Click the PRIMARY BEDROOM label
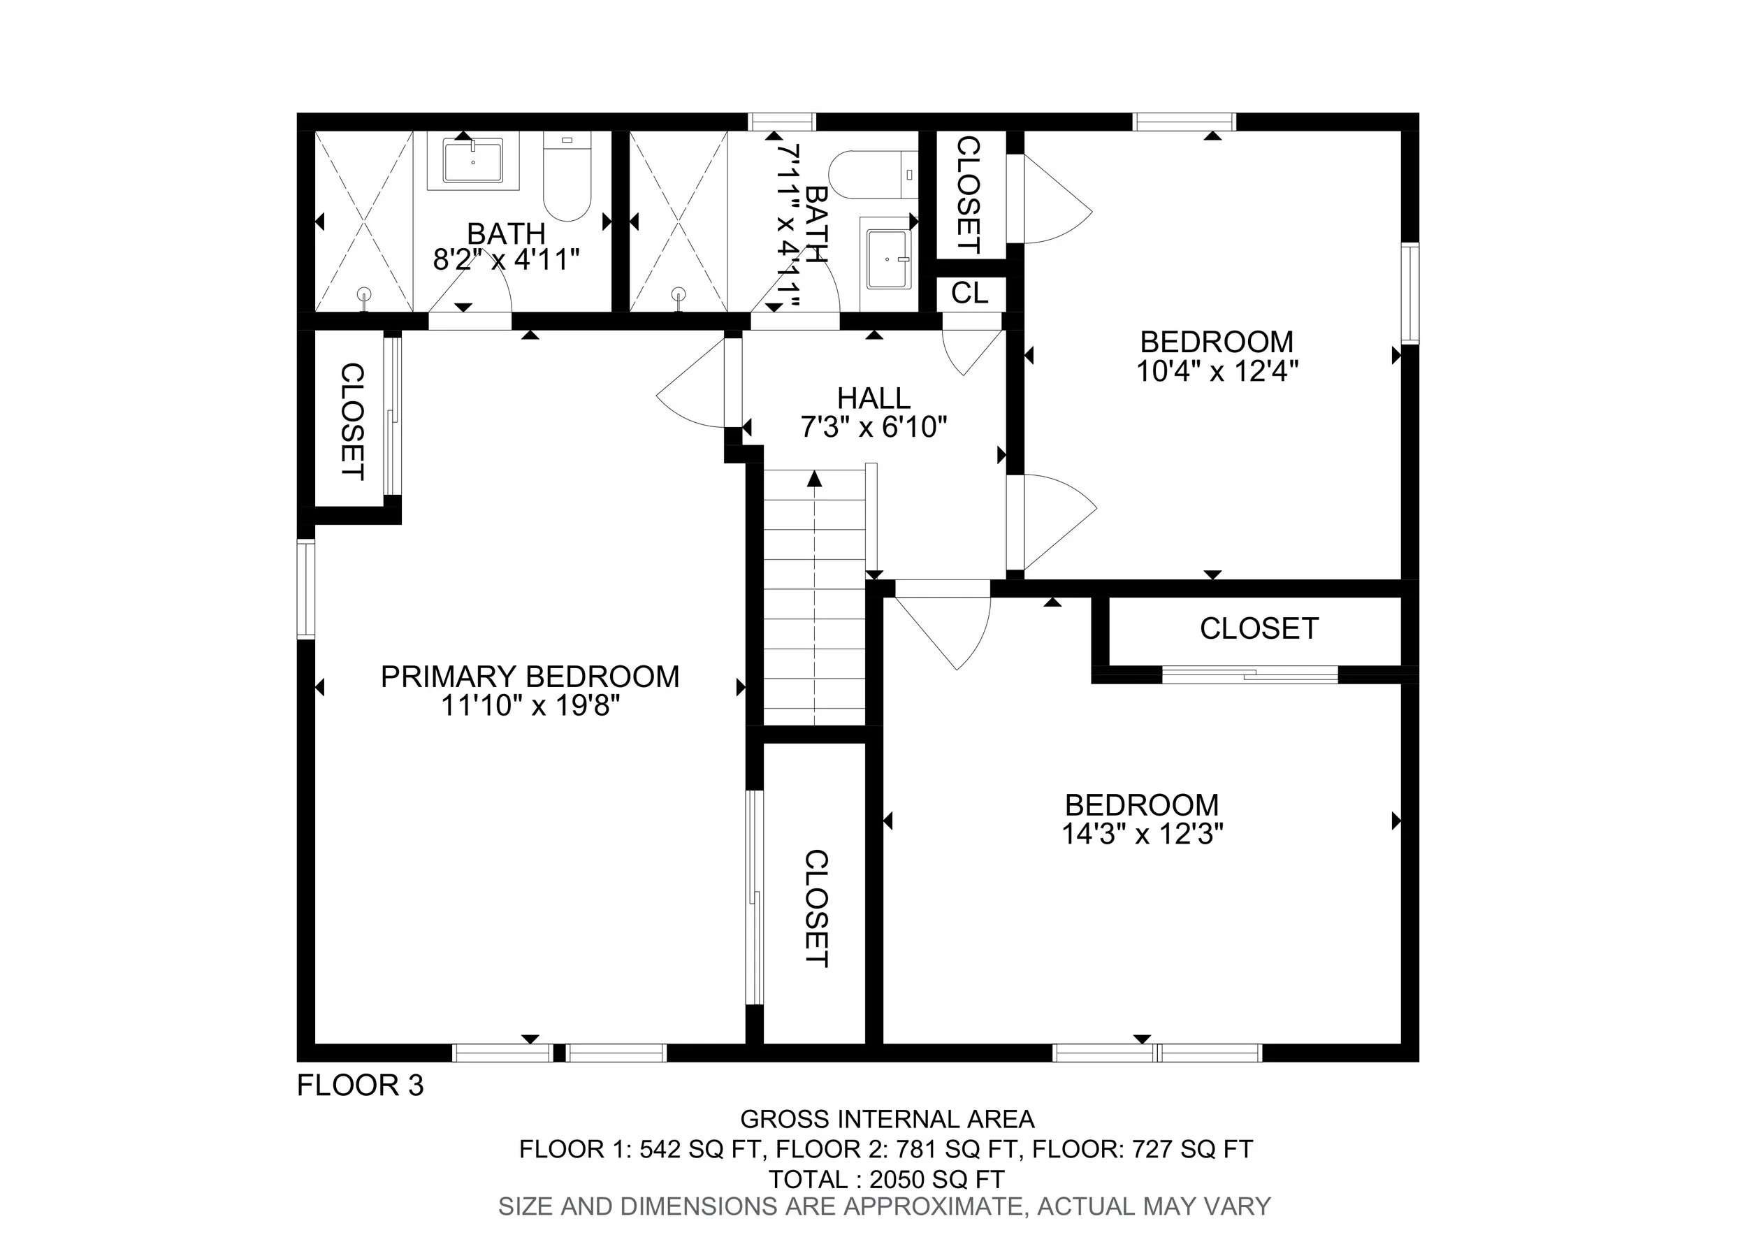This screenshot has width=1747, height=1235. click(530, 677)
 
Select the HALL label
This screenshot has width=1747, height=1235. click(873, 398)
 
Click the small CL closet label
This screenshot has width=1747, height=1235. click(969, 293)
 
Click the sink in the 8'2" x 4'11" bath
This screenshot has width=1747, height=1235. click(472, 161)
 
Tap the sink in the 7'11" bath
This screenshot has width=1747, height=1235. click(889, 259)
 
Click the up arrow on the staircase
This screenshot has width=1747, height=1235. click(815, 479)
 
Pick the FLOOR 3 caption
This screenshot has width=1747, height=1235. click(360, 1085)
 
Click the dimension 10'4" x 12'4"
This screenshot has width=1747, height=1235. click(1217, 371)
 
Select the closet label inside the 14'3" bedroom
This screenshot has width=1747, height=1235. click(1259, 628)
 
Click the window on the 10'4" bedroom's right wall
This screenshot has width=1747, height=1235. click(1410, 293)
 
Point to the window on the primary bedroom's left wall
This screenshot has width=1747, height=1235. click(305, 588)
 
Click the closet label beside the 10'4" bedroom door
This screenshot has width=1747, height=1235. click(968, 195)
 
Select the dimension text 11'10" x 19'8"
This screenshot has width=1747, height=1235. click(530, 706)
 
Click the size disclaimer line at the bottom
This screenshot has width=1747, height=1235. click(884, 1207)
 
